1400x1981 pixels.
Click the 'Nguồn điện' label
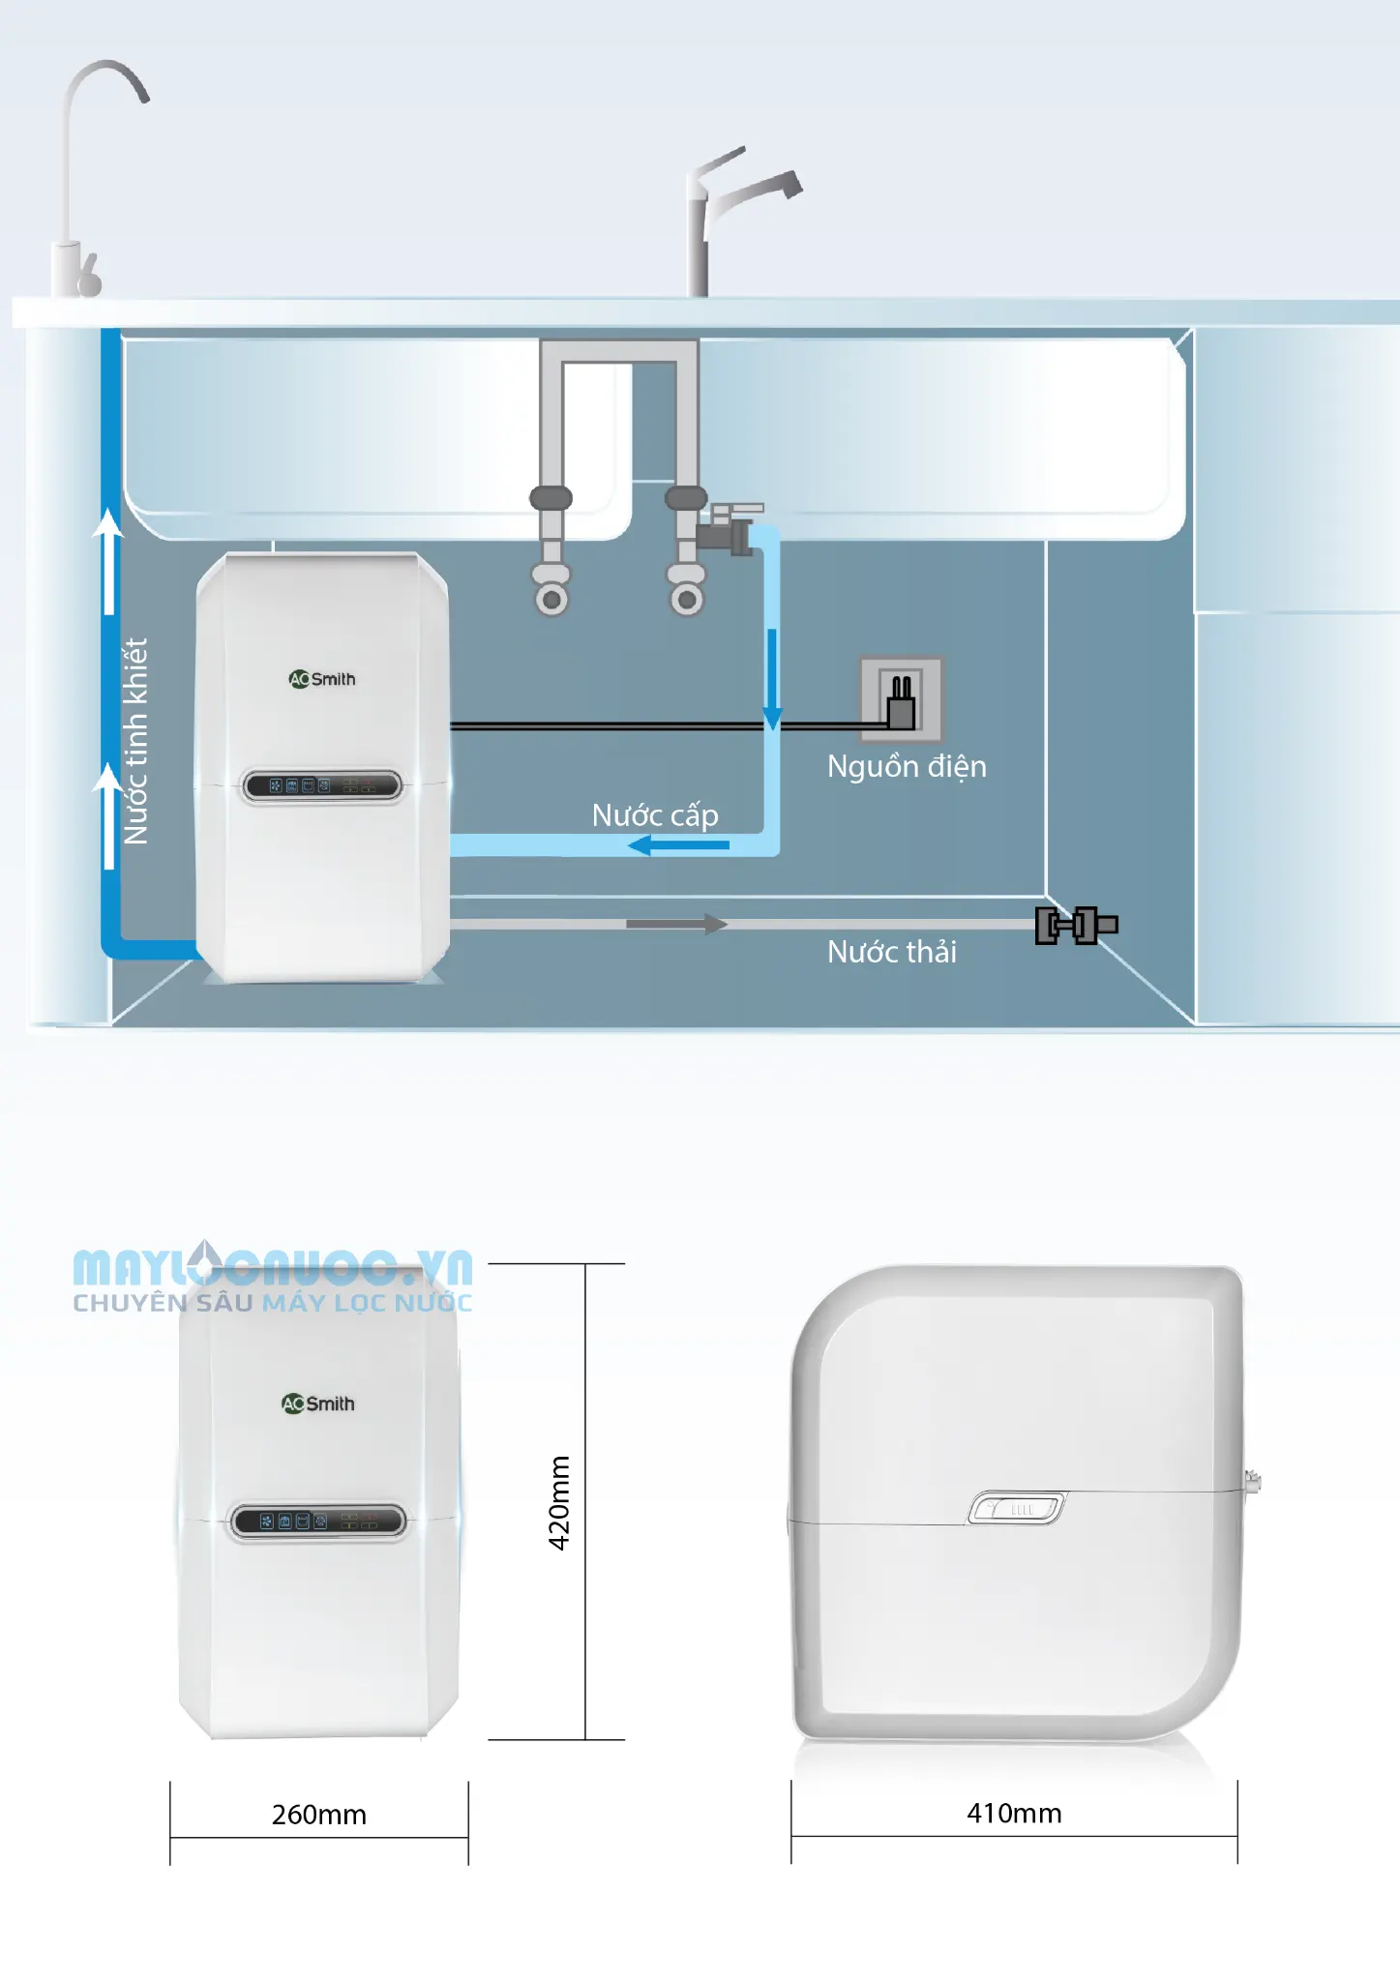[907, 766]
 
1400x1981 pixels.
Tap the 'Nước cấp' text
[655, 815]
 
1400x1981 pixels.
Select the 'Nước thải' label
[891, 952]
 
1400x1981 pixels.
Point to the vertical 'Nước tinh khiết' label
[135, 741]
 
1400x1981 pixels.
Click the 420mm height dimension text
[559, 1502]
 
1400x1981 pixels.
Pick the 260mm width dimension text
[319, 1815]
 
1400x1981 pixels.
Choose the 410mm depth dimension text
[1014, 1813]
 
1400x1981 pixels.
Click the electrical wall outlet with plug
[901, 699]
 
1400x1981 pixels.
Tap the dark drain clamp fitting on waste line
[1076, 926]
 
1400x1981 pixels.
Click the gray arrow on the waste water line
[677, 924]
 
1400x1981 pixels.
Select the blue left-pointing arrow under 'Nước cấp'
[678, 845]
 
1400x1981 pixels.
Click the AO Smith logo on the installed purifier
[322, 679]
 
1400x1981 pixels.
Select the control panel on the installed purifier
[322, 785]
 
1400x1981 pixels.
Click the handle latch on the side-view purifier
[1017, 1508]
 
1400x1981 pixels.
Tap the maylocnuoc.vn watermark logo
[273, 1278]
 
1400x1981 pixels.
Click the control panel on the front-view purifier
[318, 1521]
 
